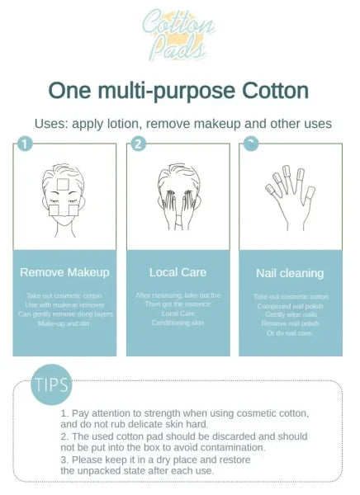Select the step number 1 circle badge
coord(25,144)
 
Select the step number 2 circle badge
coord(138,144)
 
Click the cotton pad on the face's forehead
coord(62,182)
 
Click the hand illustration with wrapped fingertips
coord(288,198)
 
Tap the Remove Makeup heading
coord(64,271)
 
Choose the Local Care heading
coord(178,271)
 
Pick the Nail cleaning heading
coord(289,273)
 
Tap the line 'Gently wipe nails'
coord(289,314)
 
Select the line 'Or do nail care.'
coord(289,332)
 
